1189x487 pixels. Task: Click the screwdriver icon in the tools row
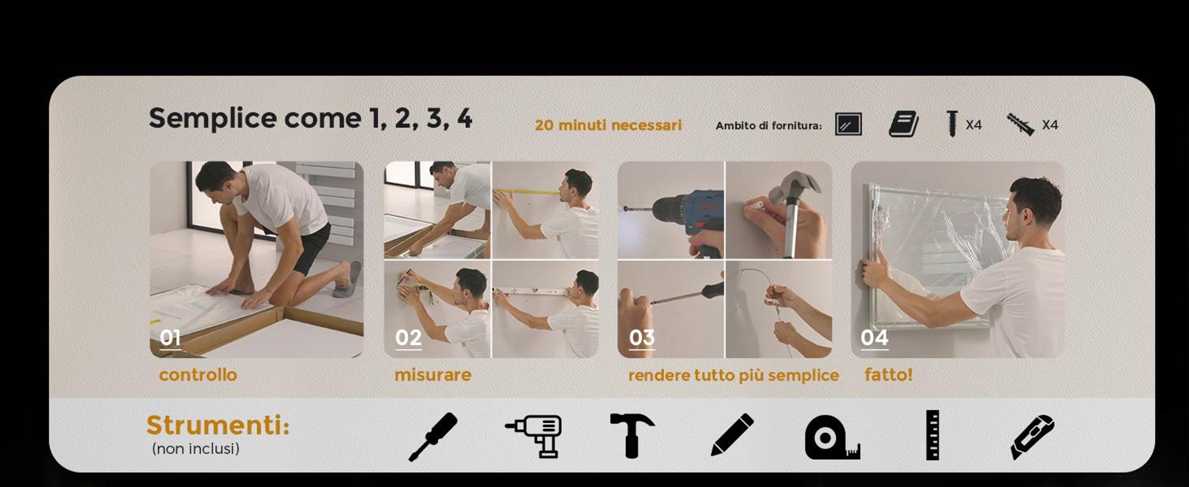(x=433, y=437)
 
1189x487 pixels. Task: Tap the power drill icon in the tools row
(x=533, y=436)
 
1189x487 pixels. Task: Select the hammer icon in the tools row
(x=632, y=435)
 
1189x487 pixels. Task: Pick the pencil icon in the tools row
(x=732, y=435)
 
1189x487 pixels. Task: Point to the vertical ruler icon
(x=933, y=435)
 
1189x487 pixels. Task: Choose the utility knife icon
(x=1032, y=437)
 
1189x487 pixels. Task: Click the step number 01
(x=170, y=337)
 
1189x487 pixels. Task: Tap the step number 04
(x=874, y=337)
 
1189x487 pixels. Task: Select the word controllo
(x=198, y=375)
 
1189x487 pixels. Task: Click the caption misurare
(x=433, y=375)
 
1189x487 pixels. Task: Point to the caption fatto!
(x=888, y=375)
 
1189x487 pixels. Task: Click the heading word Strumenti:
(x=218, y=425)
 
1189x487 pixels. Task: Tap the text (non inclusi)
(x=196, y=448)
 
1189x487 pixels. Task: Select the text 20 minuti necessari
(x=608, y=125)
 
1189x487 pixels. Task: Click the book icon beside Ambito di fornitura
(x=904, y=124)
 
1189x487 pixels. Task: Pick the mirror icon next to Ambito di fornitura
(x=848, y=124)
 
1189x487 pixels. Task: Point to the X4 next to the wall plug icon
(x=1050, y=125)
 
